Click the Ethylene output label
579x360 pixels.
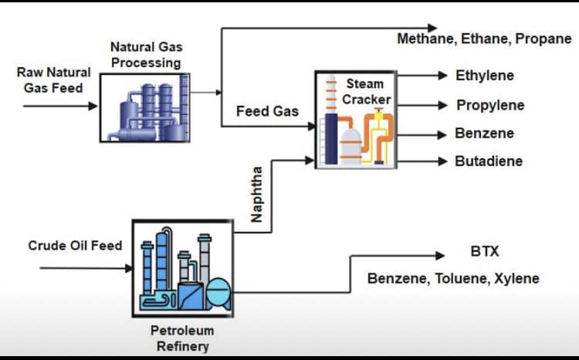484,76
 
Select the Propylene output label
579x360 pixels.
489,105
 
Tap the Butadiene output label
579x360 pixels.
489,161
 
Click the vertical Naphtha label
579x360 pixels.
259,194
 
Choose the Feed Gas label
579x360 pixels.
267,111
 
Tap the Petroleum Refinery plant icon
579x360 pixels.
183,267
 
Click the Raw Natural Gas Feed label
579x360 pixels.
53,80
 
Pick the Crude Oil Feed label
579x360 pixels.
75,246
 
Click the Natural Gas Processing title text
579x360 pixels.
146,55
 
